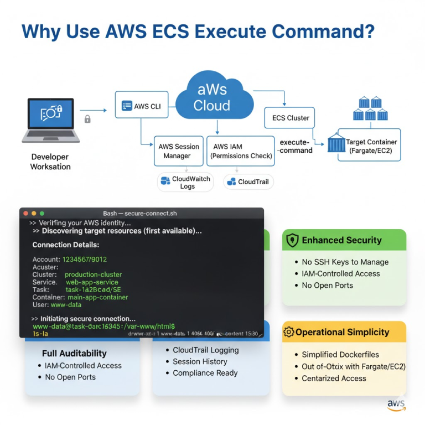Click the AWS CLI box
coord(142,106)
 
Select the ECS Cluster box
coord(291,118)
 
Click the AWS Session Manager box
coord(178,151)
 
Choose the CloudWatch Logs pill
coord(185,182)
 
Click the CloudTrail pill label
coord(248,182)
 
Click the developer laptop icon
coord(50,118)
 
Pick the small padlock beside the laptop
coord(87,118)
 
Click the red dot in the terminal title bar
coord(25,213)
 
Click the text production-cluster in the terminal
coord(93,274)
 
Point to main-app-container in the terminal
coord(97,297)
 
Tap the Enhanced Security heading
coord(341,240)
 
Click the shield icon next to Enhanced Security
coord(292,240)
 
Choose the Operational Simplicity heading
coord(342,332)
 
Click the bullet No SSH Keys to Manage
coord(345,262)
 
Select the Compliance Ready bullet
coord(205,373)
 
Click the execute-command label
coord(296,146)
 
